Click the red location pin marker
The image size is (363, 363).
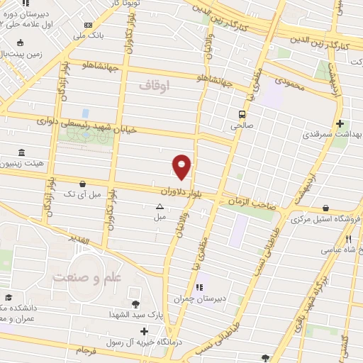tap(182, 167)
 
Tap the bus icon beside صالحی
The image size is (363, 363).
tap(242, 113)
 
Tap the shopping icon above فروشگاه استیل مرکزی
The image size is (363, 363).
tap(325, 208)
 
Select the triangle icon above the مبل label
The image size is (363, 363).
tap(160, 208)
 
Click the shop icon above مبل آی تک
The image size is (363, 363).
tap(84, 184)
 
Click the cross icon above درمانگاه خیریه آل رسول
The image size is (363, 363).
tap(145, 330)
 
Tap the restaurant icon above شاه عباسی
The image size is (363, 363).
tap(348, 240)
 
